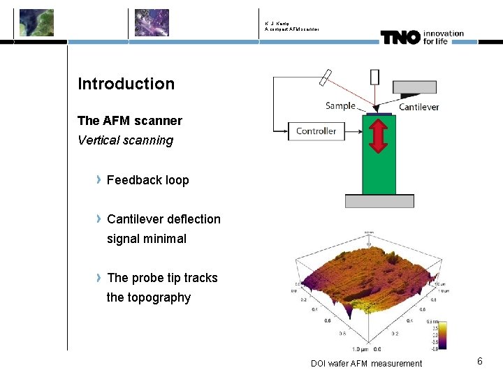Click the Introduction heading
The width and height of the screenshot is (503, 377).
pyautogui.click(x=126, y=84)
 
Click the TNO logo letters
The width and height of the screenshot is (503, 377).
pyautogui.click(x=400, y=37)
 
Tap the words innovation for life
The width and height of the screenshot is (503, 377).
pyautogui.click(x=443, y=36)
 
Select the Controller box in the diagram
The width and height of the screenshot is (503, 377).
pyautogui.click(x=316, y=131)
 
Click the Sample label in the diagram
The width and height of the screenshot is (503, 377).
pyautogui.click(x=340, y=106)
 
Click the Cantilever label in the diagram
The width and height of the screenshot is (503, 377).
pyautogui.click(x=418, y=107)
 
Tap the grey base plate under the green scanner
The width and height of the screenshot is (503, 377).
pyautogui.click(x=379, y=201)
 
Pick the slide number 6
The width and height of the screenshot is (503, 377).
pyautogui.click(x=480, y=361)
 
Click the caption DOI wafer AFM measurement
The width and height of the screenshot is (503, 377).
pyautogui.click(x=366, y=363)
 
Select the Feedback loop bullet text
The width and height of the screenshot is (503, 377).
pyautogui.click(x=148, y=180)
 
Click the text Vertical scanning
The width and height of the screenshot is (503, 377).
pyautogui.click(x=126, y=140)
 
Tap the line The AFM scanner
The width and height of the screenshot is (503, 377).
pyautogui.click(x=130, y=121)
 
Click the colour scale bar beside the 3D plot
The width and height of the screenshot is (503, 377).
pyautogui.click(x=442, y=335)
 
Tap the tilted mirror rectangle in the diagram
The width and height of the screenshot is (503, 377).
pyautogui.click(x=326, y=78)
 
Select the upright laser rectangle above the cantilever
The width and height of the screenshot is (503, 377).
pyautogui.click(x=375, y=77)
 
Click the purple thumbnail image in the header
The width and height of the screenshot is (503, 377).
pyautogui.click(x=152, y=22)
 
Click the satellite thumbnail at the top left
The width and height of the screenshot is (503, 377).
pyautogui.click(x=36, y=22)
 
